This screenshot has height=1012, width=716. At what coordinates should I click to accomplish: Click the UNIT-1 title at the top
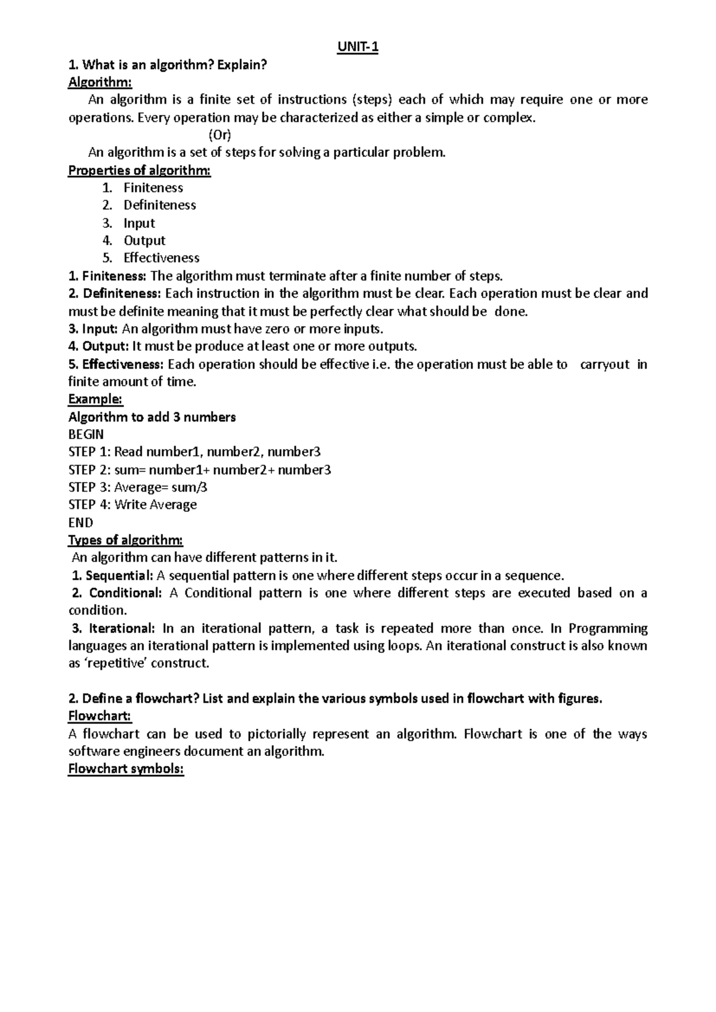(357, 47)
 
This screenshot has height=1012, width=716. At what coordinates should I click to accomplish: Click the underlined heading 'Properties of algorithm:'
(140, 171)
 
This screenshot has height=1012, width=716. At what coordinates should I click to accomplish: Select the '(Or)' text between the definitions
(219, 135)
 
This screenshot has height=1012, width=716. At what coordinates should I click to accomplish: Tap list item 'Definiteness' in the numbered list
(159, 205)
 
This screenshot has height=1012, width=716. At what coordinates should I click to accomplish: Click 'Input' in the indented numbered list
(139, 223)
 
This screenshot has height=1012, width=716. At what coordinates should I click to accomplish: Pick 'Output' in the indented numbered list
(144, 240)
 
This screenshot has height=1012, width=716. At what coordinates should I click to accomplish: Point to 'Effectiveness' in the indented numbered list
(161, 258)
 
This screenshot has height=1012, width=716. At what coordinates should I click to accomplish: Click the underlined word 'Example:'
(95, 399)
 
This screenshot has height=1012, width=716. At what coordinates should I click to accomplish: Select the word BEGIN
(86, 434)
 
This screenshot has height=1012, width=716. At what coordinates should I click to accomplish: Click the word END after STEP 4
(81, 523)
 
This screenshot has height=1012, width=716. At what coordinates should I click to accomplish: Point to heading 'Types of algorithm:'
(125, 540)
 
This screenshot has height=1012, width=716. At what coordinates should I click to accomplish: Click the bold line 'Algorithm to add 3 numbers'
(152, 417)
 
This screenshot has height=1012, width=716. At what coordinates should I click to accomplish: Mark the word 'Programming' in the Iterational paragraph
(608, 628)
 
